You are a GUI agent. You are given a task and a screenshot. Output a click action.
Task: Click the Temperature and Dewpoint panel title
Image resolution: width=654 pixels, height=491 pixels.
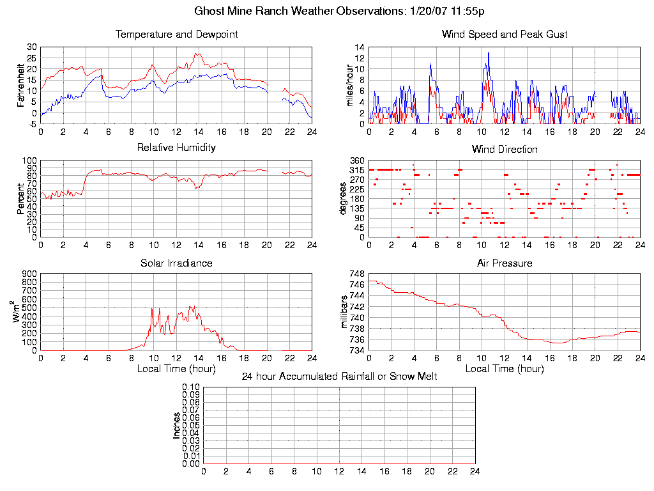(x=176, y=35)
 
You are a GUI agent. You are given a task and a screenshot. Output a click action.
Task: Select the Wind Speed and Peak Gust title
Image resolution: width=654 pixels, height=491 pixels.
(x=505, y=35)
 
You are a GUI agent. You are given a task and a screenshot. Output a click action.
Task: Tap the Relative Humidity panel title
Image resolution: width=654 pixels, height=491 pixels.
(x=176, y=148)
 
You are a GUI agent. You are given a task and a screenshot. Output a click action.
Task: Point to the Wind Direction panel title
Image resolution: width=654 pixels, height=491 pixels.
(x=505, y=150)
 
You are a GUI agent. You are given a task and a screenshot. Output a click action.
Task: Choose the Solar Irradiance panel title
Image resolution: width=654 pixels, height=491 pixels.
(x=176, y=263)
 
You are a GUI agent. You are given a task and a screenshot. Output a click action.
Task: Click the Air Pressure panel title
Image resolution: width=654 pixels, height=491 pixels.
(x=505, y=263)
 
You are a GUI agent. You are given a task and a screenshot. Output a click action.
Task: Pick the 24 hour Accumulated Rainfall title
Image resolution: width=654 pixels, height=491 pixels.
(x=339, y=377)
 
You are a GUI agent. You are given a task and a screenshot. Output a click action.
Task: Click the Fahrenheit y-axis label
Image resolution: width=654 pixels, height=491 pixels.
(x=21, y=85)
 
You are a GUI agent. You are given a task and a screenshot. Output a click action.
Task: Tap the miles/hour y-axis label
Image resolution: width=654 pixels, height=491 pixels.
(x=349, y=85)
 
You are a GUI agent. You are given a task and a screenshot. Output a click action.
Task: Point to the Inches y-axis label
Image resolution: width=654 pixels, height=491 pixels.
(x=177, y=425)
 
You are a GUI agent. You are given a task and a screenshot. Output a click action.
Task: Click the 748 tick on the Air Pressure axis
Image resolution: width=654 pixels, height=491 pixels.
(x=356, y=274)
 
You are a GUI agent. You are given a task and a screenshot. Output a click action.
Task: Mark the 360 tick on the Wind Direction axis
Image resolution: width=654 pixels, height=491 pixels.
(x=356, y=160)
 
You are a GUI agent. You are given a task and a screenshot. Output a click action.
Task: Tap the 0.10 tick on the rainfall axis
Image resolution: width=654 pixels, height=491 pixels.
(x=191, y=387)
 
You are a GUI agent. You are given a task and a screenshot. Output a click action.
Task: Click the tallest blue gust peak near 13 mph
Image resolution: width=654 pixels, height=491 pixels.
(x=489, y=54)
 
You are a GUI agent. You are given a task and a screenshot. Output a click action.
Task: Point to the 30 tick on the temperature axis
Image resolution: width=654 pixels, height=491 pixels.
(x=31, y=47)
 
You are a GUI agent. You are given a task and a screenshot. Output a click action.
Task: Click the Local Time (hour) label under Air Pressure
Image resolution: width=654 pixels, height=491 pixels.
(x=505, y=369)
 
